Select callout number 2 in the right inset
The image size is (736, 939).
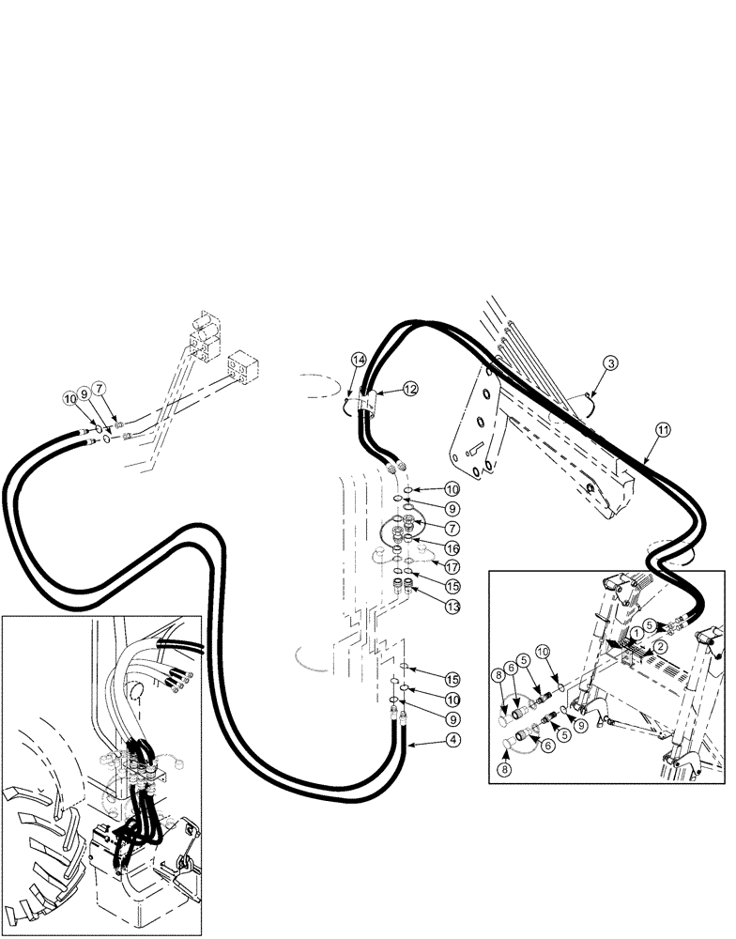pos(660,646)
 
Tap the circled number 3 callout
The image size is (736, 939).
pos(609,363)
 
